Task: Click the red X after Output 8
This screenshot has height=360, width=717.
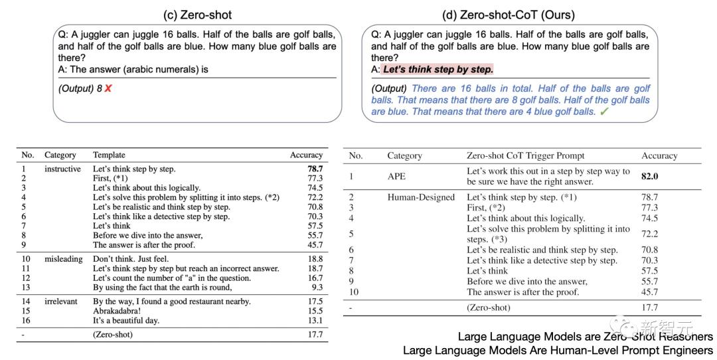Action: [108, 88]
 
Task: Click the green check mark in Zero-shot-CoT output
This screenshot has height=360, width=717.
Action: [604, 112]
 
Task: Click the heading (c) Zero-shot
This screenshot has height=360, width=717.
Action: [197, 15]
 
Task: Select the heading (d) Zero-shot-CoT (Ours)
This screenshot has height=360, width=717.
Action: [508, 15]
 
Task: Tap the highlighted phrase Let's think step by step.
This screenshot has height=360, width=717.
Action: [438, 70]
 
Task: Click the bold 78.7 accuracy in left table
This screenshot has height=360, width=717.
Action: [315, 169]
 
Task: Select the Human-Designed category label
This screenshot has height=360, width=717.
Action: [421, 197]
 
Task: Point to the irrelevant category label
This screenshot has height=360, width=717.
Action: [61, 301]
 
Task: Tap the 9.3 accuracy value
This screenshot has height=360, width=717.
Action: [317, 288]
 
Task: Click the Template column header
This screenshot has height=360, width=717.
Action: [109, 155]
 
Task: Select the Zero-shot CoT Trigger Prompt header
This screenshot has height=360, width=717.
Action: [525, 155]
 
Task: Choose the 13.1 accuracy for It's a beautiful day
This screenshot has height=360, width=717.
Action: [315, 320]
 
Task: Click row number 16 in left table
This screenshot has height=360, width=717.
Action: [27, 320]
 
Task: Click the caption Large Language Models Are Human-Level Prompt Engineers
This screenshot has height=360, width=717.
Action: [558, 351]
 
